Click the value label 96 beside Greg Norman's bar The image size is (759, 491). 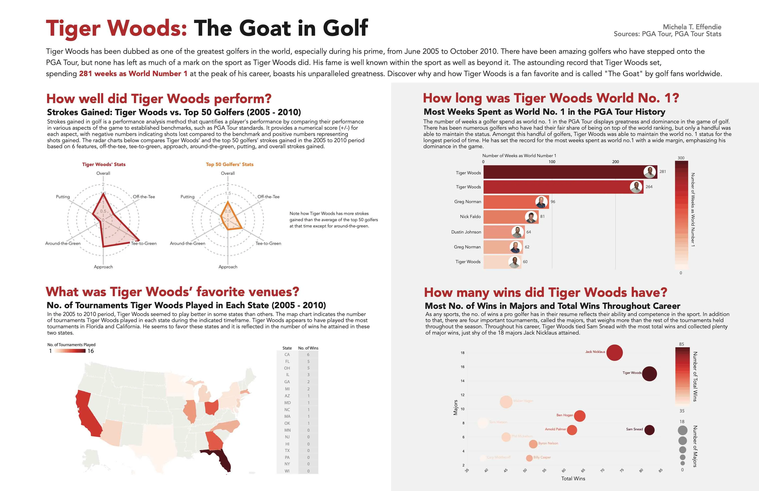click(x=553, y=202)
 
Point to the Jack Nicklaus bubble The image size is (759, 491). click(x=614, y=353)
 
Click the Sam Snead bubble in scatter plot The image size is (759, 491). click(x=649, y=430)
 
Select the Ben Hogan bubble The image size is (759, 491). click(x=580, y=416)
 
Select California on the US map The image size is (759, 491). click(x=88, y=414)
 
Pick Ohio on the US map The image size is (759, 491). click(x=211, y=407)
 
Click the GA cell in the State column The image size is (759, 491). click(x=287, y=382)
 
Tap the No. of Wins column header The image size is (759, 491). click(x=308, y=348)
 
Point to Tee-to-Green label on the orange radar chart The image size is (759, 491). click(x=268, y=243)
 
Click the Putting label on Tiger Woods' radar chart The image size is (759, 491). click(x=63, y=197)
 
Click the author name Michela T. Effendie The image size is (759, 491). click(x=692, y=27)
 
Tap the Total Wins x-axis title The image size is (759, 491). click(x=573, y=479)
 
